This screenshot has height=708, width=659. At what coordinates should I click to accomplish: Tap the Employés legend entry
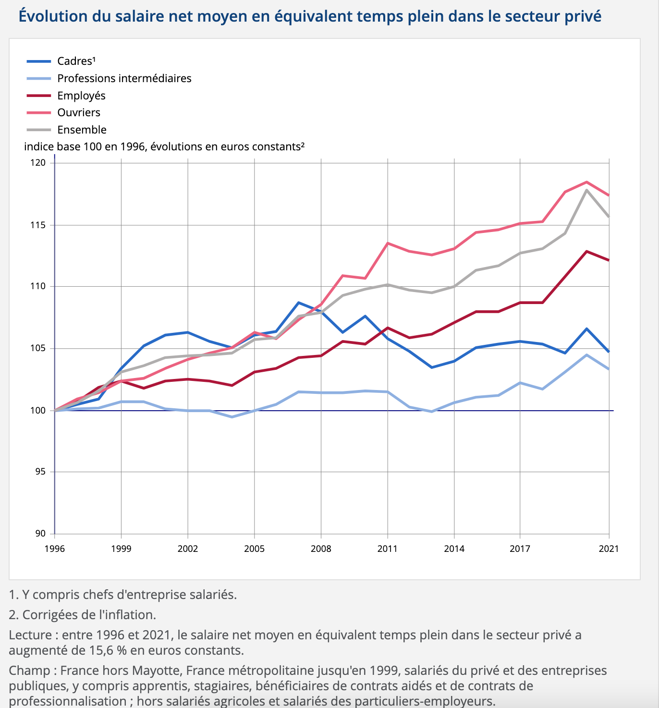click(66, 96)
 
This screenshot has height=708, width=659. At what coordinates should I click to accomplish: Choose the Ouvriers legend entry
click(63, 113)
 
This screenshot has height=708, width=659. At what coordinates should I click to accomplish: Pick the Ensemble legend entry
click(66, 130)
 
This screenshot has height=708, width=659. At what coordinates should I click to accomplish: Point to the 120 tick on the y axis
click(38, 163)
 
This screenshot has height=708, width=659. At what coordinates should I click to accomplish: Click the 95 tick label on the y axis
click(41, 472)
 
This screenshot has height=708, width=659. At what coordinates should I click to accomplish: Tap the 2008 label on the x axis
click(321, 549)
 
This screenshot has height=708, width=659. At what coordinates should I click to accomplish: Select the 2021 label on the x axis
click(609, 549)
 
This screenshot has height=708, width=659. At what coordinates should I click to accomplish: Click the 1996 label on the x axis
click(55, 549)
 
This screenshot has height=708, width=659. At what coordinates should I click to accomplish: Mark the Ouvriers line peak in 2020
click(586, 182)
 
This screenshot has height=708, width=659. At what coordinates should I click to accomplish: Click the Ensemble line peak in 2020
click(586, 190)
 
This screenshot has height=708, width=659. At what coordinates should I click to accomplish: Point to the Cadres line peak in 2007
click(299, 303)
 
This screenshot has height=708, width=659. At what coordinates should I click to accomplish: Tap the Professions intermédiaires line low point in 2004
click(232, 417)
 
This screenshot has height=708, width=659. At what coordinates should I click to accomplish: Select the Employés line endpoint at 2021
click(609, 260)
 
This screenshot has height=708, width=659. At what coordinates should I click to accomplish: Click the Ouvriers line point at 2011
click(388, 243)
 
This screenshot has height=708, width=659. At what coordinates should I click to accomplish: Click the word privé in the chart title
click(584, 16)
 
